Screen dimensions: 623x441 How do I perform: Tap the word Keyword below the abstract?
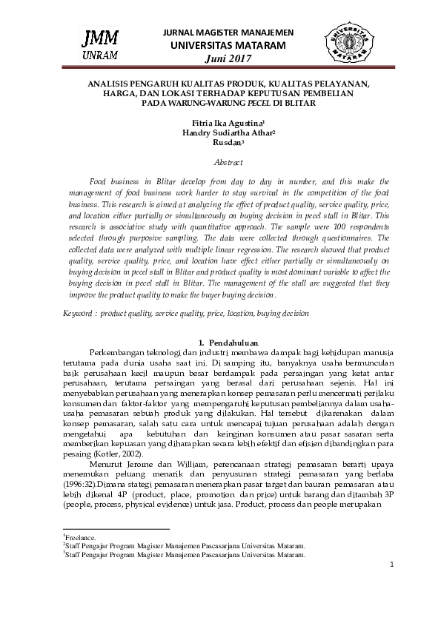77,314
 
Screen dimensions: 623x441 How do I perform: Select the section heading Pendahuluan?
233,343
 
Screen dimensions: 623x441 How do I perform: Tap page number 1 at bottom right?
391,565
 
